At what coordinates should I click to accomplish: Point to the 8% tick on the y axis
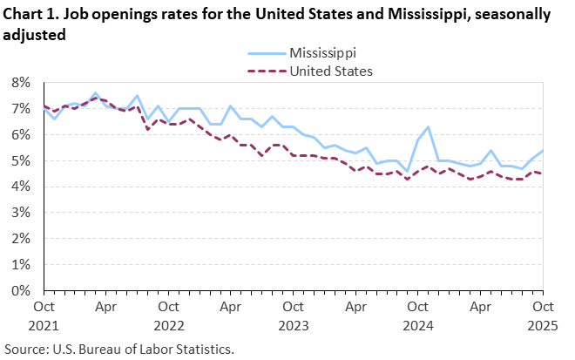click(x=20, y=82)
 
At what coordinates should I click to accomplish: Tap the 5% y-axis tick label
click(x=20, y=160)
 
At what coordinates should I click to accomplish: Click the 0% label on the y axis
click(x=20, y=290)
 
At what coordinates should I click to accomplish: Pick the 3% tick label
click(x=20, y=213)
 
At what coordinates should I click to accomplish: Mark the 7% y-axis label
click(x=20, y=108)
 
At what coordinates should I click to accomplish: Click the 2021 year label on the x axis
click(x=44, y=324)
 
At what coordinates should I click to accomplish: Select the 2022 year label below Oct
click(x=169, y=324)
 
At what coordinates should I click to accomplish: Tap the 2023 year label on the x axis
click(x=294, y=324)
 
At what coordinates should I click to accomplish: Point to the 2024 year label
click(x=418, y=324)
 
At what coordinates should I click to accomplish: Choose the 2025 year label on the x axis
click(x=543, y=324)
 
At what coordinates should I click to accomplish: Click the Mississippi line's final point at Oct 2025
click(x=543, y=150)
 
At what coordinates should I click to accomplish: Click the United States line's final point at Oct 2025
click(x=543, y=173)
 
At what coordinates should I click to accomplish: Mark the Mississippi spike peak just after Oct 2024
click(x=428, y=127)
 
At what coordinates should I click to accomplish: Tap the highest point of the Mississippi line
click(x=95, y=93)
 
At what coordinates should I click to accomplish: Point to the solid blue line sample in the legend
click(x=267, y=54)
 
